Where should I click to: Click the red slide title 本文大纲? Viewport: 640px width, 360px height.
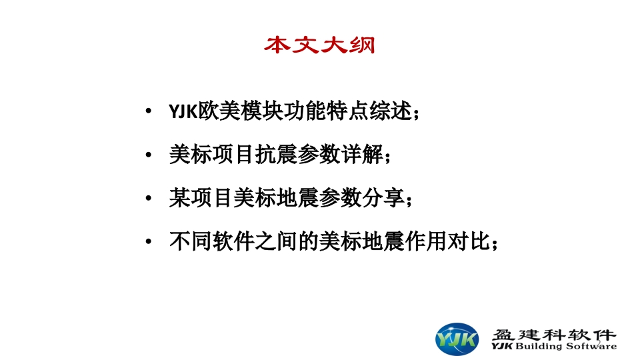(319, 45)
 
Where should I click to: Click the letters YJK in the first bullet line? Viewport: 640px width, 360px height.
(183, 111)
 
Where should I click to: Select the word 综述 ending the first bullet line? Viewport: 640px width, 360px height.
(390, 111)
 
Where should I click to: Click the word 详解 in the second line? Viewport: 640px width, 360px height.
(363, 155)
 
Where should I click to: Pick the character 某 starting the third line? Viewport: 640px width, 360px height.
(179, 198)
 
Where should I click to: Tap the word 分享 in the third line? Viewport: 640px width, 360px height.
(384, 198)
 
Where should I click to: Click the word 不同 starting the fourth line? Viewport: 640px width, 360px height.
(190, 241)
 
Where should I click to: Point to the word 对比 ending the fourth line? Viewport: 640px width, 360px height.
(469, 241)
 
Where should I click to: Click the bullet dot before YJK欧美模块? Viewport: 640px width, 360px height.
(149, 111)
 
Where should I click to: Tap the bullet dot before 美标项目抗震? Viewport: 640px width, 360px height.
(149, 155)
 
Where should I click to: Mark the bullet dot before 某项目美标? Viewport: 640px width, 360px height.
(149, 199)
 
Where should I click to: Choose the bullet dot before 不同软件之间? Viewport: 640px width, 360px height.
(149, 241)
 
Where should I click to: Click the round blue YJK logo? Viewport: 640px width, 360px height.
(457, 339)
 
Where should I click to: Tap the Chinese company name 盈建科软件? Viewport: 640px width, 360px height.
(554, 335)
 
